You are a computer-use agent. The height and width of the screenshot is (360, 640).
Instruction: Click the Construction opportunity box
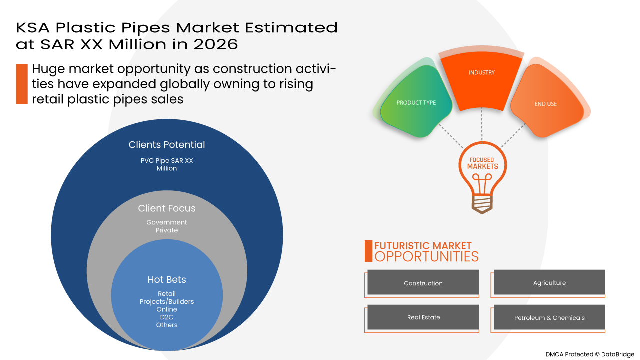(423, 283)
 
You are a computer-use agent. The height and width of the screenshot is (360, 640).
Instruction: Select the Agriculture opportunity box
(549, 283)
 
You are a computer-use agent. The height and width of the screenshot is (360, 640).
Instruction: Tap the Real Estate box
(423, 317)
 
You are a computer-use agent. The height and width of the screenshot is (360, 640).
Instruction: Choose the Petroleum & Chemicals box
(549, 318)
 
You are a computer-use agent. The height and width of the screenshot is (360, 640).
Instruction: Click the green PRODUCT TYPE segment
(416, 103)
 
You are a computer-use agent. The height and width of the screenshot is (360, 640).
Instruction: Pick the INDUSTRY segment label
(482, 73)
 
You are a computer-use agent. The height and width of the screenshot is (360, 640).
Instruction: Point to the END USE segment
(545, 104)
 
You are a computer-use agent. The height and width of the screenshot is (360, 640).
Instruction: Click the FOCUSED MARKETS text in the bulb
(482, 163)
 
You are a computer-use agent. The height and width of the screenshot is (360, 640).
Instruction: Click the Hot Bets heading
(167, 280)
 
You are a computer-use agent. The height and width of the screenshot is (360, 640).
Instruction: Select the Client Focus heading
(167, 208)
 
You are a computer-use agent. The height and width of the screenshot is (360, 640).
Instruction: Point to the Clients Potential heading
(167, 145)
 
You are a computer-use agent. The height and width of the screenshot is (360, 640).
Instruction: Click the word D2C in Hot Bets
(167, 317)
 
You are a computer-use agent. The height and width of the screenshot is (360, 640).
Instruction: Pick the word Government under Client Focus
(167, 222)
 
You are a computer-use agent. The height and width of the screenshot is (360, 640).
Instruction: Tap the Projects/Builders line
(167, 302)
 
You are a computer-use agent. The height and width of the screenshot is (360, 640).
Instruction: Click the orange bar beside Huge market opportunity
(22, 84)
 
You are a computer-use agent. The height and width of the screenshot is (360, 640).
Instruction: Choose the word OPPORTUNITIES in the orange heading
(426, 257)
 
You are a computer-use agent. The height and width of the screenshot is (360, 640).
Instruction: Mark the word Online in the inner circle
(167, 309)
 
